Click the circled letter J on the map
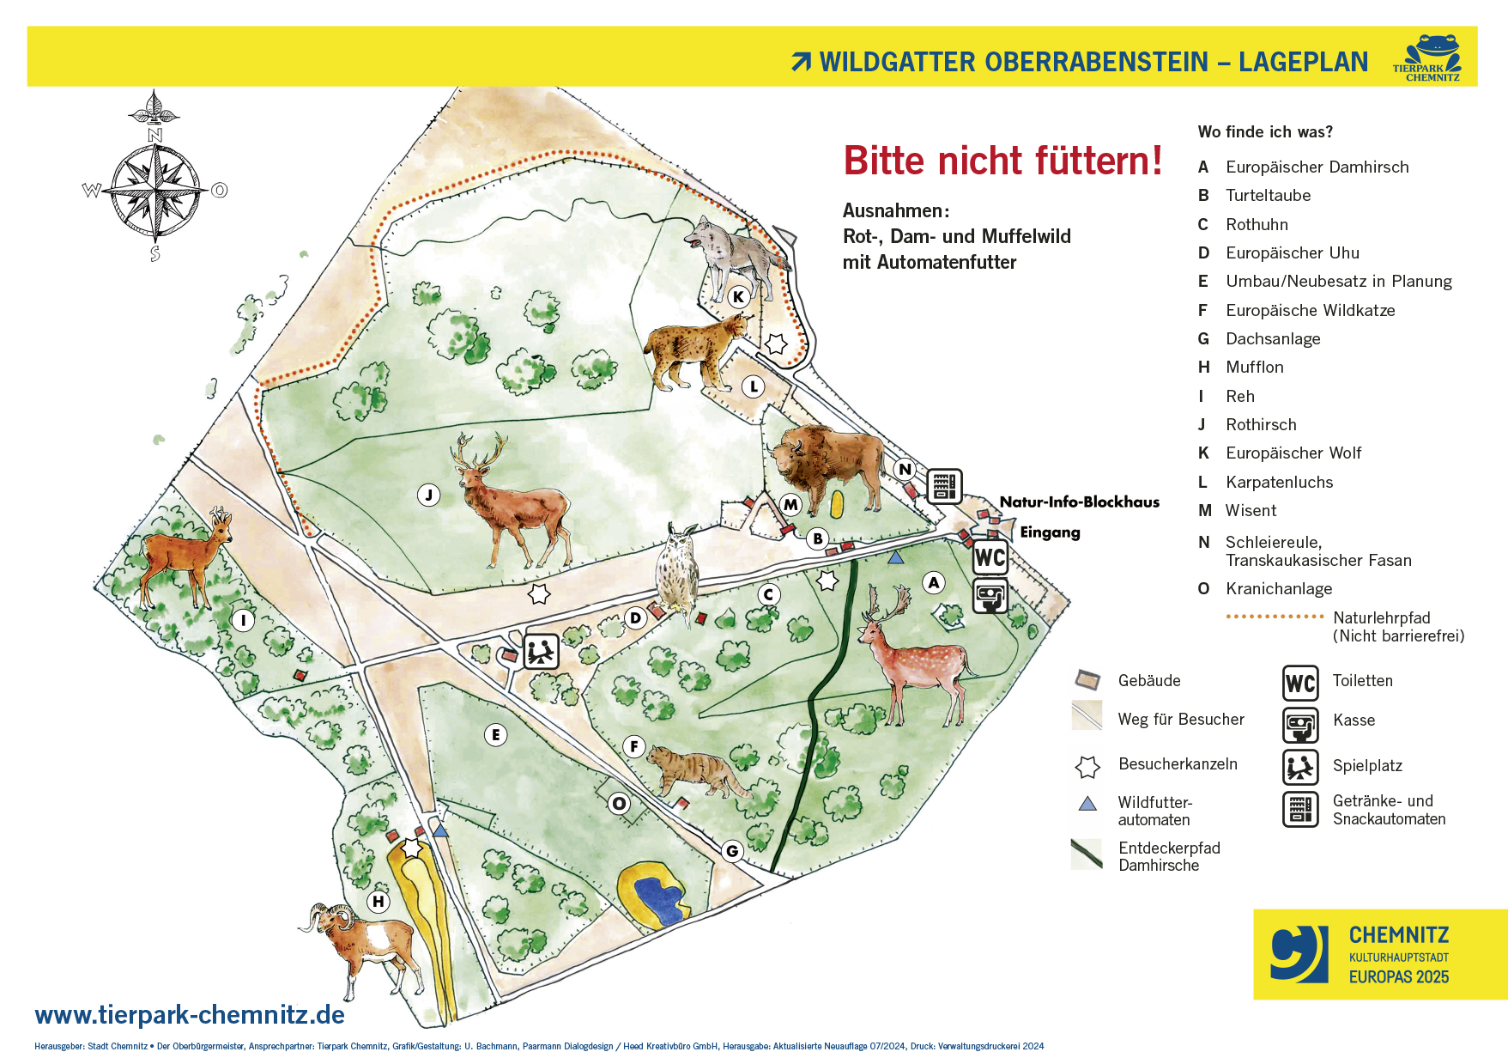tap(429, 495)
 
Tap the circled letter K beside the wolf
tap(738, 297)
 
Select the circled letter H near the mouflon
tap(378, 902)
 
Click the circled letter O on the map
tap(619, 804)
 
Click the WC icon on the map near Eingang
tap(990, 557)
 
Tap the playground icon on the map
tap(542, 652)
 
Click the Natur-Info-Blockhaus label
tap(1079, 502)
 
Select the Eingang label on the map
tap(1050, 532)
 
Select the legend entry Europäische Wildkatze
tap(1310, 310)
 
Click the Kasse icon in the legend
tap(1300, 725)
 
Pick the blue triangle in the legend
tap(1087, 804)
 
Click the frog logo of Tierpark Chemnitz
tap(1429, 58)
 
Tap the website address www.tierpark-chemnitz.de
tap(190, 1015)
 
